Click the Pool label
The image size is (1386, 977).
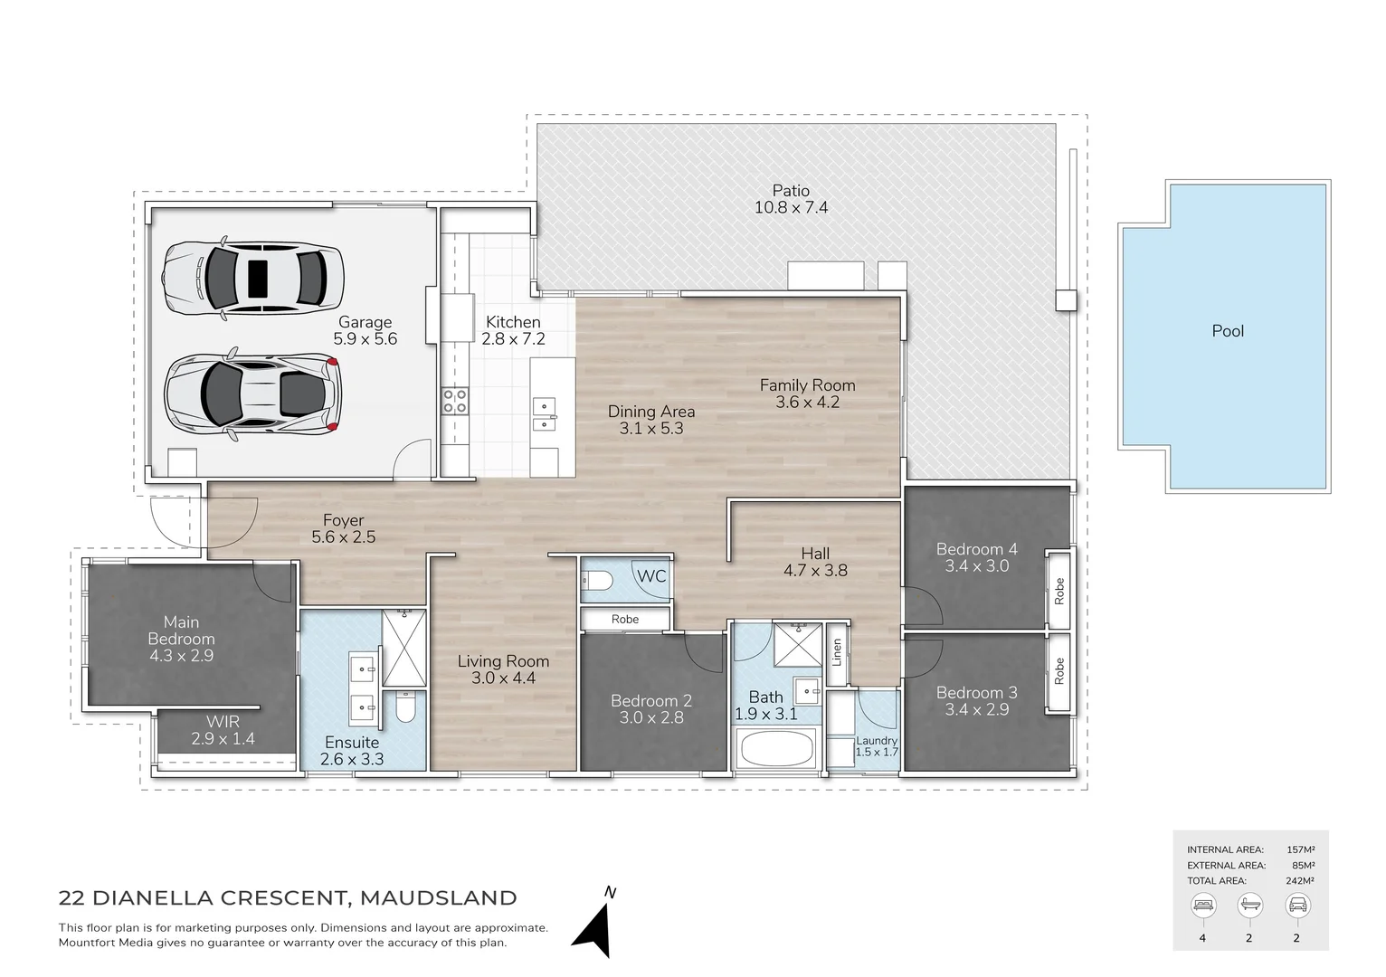coord(1227,331)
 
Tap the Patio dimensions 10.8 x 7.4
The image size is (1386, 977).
coord(791,207)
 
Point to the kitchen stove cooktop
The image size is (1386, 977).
coord(454,401)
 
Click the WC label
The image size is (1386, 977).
coord(650,576)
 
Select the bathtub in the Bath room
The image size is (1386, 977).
coord(776,748)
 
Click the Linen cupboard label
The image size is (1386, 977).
coord(837,652)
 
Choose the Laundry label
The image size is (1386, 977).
coord(876,740)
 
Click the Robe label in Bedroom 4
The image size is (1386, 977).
coord(1058,591)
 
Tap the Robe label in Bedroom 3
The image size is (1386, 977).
coord(1058,670)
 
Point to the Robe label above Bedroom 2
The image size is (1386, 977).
coord(624,620)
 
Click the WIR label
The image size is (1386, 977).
coord(223,721)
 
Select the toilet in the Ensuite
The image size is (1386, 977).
coord(404,707)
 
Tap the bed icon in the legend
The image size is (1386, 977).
coord(1202,905)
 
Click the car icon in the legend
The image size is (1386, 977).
coord(1296,905)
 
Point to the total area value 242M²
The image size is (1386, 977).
coord(1300,880)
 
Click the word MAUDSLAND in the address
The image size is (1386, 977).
coord(438,898)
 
